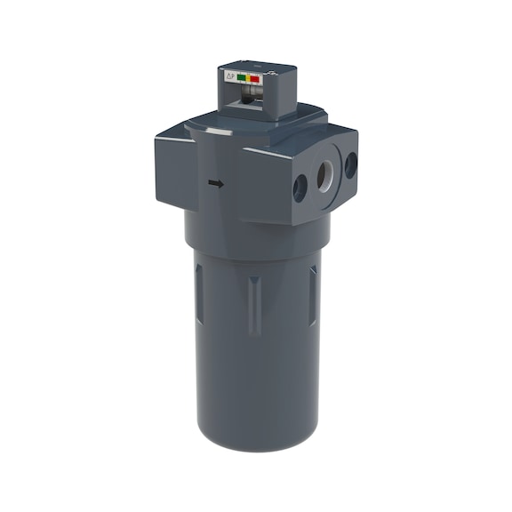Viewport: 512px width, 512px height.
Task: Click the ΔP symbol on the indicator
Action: pyautogui.click(x=229, y=77)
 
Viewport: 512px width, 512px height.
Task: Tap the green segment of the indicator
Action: pyautogui.click(x=241, y=78)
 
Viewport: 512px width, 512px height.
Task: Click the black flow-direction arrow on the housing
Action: pyautogui.click(x=215, y=184)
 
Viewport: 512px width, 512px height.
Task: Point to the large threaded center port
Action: pyautogui.click(x=324, y=174)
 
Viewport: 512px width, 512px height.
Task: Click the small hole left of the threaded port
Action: pyautogui.click(x=300, y=186)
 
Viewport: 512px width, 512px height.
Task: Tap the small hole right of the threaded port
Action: pyautogui.click(x=350, y=164)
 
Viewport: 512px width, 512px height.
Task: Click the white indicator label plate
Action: pyautogui.click(x=242, y=78)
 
